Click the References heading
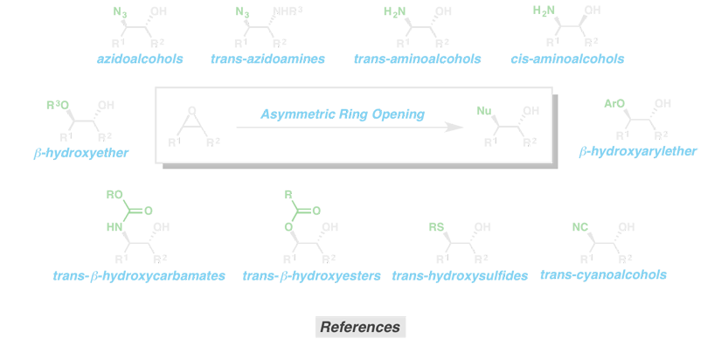(x=360, y=328)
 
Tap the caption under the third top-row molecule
(x=418, y=62)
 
